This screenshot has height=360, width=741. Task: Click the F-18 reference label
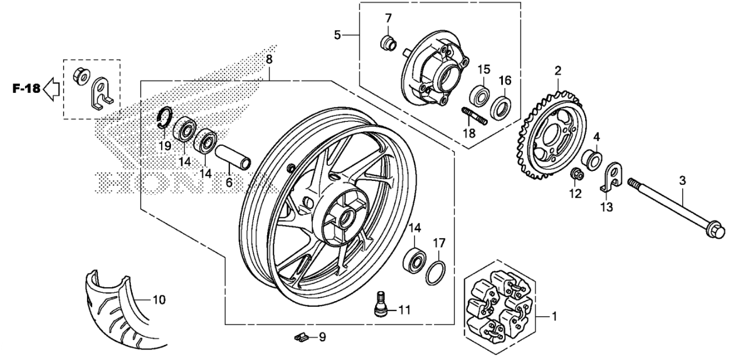26,89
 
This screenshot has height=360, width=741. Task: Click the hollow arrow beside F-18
51,89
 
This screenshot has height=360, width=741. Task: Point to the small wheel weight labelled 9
301,337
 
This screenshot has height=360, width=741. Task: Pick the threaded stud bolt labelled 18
474,116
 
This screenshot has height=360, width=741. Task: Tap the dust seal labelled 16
501,107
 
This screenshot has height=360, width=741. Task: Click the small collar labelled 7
387,43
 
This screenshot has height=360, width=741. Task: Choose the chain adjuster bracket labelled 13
611,177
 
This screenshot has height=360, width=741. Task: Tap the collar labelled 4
592,160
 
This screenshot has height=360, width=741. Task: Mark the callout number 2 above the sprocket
558,71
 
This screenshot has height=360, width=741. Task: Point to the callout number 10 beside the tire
159,300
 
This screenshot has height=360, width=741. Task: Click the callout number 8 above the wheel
269,60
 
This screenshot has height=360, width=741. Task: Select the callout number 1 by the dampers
555,317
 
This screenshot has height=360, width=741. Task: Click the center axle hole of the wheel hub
347,220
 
